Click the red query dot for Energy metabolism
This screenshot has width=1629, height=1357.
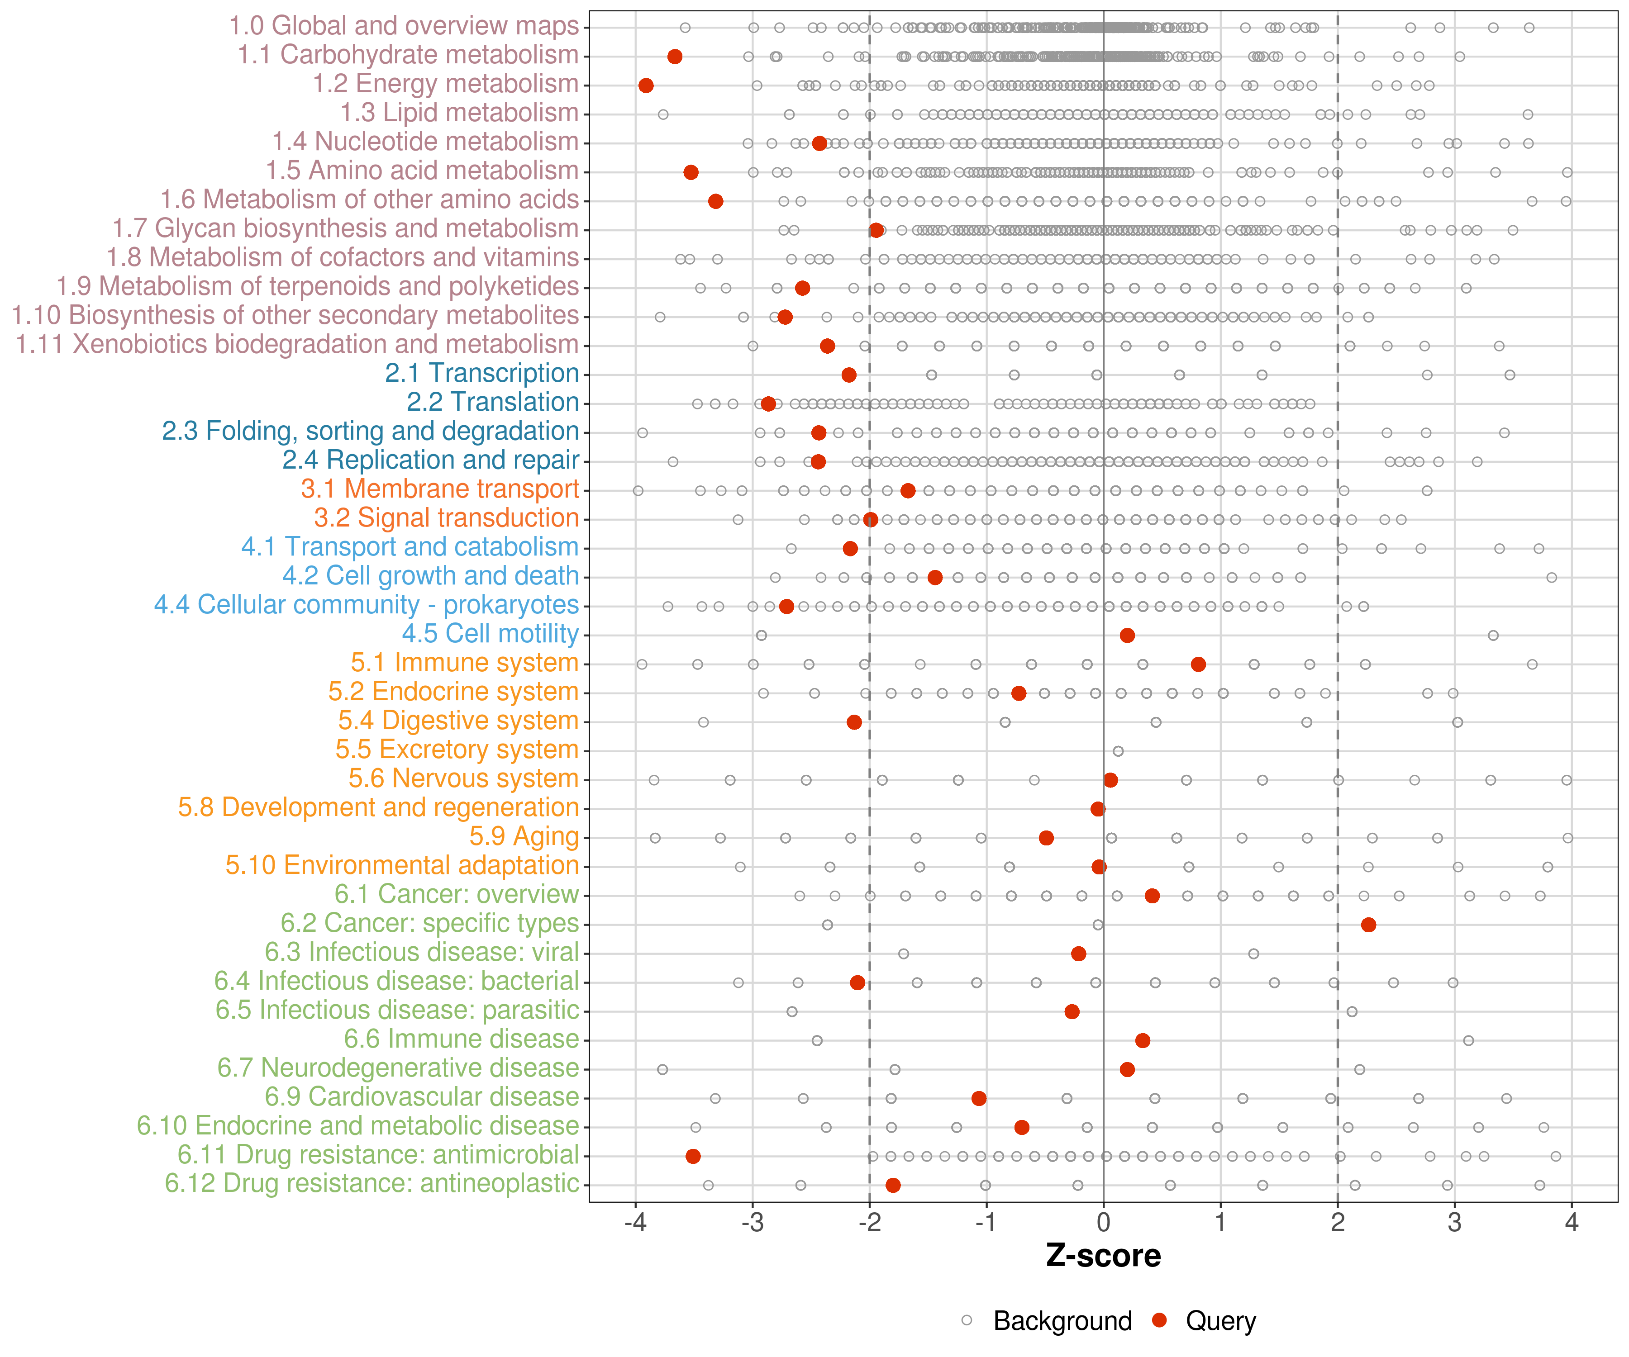[645, 85]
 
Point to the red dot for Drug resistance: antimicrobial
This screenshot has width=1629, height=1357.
[693, 1156]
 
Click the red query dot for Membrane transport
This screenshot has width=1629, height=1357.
[908, 490]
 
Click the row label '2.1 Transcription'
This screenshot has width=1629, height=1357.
[482, 373]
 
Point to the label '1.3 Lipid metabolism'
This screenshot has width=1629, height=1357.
[459, 113]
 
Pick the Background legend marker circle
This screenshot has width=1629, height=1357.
[967, 1320]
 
